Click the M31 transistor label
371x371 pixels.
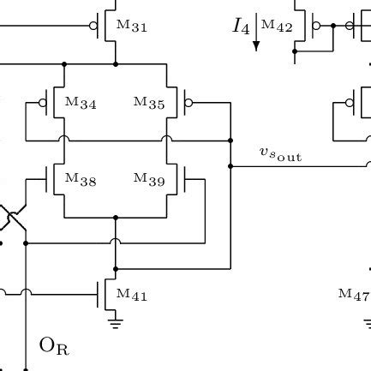132,27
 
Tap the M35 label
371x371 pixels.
149,103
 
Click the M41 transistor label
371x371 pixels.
132,295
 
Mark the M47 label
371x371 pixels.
354,295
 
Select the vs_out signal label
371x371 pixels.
280,154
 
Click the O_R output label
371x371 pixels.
54,346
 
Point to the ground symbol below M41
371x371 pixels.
116,323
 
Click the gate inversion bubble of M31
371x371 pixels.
93,26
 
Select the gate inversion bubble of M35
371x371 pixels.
188,102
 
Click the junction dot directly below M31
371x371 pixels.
116,63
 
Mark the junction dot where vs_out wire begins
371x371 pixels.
230,165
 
